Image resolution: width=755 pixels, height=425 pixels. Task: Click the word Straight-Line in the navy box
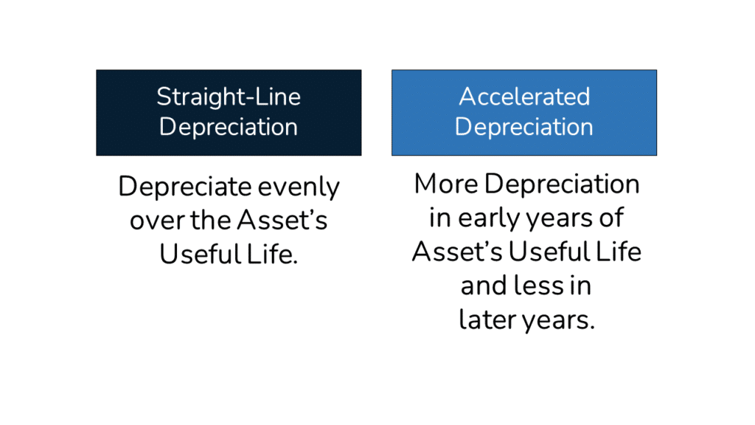[x=229, y=97]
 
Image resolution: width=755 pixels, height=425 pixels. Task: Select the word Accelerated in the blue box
[x=524, y=97]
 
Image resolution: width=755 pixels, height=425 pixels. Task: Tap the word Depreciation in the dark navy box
[x=229, y=127]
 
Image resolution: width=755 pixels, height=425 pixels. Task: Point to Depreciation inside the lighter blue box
[x=524, y=127]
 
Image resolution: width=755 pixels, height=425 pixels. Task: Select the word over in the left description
[x=152, y=220]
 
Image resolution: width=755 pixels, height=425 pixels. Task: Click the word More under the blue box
[x=445, y=184]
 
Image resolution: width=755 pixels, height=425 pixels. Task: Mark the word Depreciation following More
[x=562, y=184]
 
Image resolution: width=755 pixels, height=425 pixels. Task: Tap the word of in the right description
[x=612, y=218]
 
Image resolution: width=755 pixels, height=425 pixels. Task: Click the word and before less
[x=484, y=286]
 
